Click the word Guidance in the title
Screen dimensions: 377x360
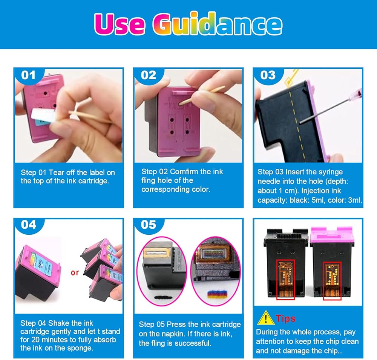(218, 24)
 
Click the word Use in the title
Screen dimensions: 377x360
(120, 24)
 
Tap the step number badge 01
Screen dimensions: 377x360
(28, 75)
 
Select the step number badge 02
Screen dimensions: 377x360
(148, 75)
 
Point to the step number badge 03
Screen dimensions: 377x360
(268, 75)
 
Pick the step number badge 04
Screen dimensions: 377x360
(29, 225)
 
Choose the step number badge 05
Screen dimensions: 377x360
(148, 225)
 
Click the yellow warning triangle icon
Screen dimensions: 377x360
(265, 318)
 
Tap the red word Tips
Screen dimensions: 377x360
(285, 318)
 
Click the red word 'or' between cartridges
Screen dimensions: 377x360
(75, 272)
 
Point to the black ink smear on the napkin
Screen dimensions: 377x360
(162, 298)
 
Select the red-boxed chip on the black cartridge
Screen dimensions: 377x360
(285, 280)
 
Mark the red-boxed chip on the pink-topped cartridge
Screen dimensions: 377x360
(332, 281)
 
